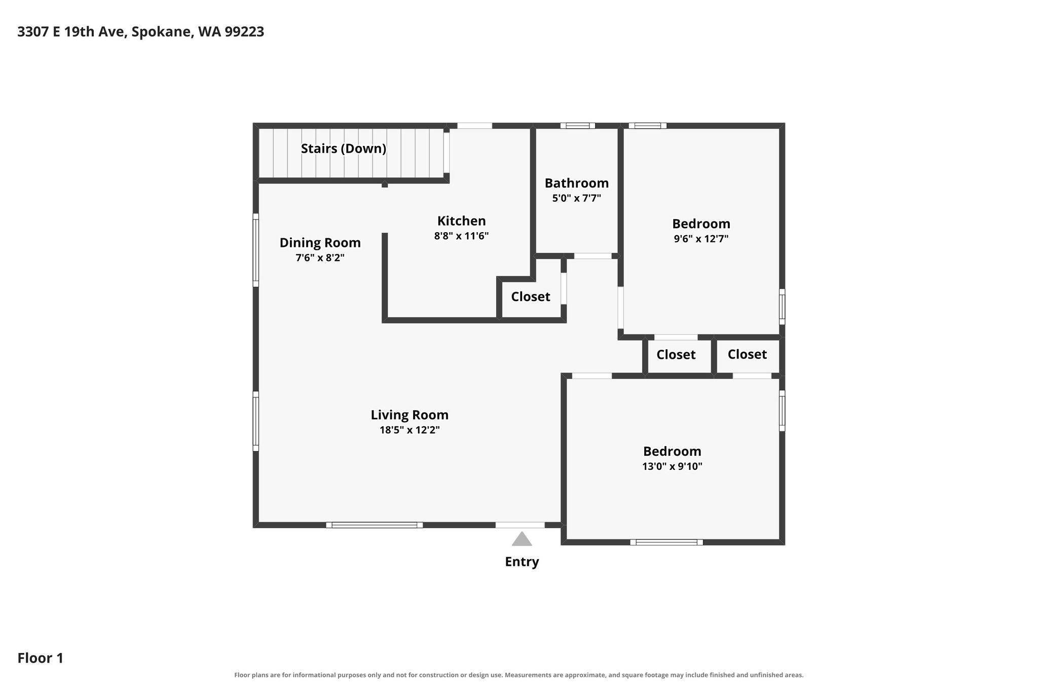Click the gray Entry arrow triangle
pos(522,539)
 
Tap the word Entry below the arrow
pos(522,562)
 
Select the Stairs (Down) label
pos(344,149)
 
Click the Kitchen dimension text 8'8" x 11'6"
pos(461,236)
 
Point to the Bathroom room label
pos(577,183)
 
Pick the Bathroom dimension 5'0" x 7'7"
pos(577,198)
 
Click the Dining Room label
pos(320,243)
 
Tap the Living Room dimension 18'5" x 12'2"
pos(410,430)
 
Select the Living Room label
pos(410,415)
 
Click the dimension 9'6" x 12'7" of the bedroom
pos(701,239)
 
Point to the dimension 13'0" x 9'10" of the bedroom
pos(672,466)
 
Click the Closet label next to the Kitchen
pos(531,297)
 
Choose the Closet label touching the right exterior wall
pos(747,354)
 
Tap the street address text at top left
pos(141,32)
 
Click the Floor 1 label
pos(41,658)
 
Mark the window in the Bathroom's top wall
pos(578,126)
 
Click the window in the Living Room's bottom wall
pos(375,525)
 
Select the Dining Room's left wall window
pos(256,250)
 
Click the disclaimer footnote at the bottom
pos(519,675)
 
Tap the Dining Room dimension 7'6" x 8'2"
pos(320,258)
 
